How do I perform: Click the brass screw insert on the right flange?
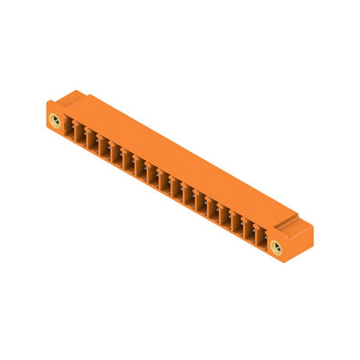277,248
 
